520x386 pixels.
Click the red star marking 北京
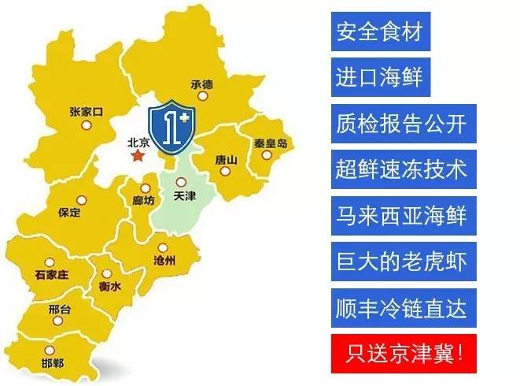(x=139, y=157)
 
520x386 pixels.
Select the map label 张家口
(x=86, y=113)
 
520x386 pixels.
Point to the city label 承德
(x=202, y=84)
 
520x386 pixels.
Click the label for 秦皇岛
(x=270, y=144)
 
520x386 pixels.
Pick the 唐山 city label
(x=226, y=160)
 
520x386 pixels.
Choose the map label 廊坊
(x=144, y=200)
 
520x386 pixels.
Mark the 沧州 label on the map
(x=164, y=259)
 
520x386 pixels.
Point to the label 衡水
(x=109, y=288)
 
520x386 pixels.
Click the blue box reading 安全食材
(x=379, y=32)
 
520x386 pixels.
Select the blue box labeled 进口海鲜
(x=379, y=78)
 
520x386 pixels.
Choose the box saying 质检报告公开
(x=400, y=124)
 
